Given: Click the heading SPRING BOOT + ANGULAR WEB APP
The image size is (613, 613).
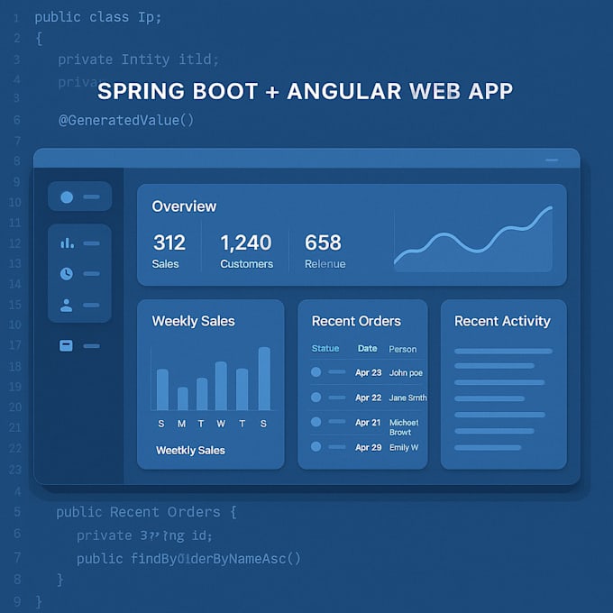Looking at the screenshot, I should pyautogui.click(x=305, y=91).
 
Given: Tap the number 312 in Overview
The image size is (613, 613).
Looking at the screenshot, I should pyautogui.click(x=169, y=242).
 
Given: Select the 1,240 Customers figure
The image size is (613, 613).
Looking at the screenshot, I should pyautogui.click(x=245, y=242).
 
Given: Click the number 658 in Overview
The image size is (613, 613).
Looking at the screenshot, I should pyautogui.click(x=323, y=242).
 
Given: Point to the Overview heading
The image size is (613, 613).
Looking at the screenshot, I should pyautogui.click(x=184, y=206).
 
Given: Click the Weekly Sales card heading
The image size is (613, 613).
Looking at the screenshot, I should pyautogui.click(x=193, y=321).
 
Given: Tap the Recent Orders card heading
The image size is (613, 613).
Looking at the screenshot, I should pyautogui.click(x=356, y=321).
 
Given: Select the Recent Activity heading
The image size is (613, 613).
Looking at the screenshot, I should pyautogui.click(x=502, y=321).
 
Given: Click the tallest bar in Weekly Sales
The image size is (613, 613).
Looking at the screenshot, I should pyautogui.click(x=264, y=379).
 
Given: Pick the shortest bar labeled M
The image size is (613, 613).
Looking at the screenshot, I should pyautogui.click(x=183, y=398).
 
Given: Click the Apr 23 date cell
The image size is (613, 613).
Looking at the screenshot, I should pyautogui.click(x=368, y=372).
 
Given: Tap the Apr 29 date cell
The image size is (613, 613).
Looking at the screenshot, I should pyautogui.click(x=368, y=447).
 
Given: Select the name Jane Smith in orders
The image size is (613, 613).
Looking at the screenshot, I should pyautogui.click(x=407, y=398).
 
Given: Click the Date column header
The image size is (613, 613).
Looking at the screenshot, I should pyautogui.click(x=367, y=348).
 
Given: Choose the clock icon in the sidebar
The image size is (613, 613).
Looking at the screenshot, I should pyautogui.click(x=67, y=273).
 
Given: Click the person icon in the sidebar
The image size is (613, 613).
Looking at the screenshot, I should pyautogui.click(x=67, y=306).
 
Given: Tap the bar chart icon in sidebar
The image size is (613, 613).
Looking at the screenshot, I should pyautogui.click(x=67, y=242).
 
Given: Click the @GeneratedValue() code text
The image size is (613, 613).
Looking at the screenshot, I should pyautogui.click(x=126, y=119).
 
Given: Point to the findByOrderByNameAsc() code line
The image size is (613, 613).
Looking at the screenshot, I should pyautogui.click(x=188, y=559).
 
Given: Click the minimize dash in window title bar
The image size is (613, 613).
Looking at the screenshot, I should pyautogui.click(x=553, y=160).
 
